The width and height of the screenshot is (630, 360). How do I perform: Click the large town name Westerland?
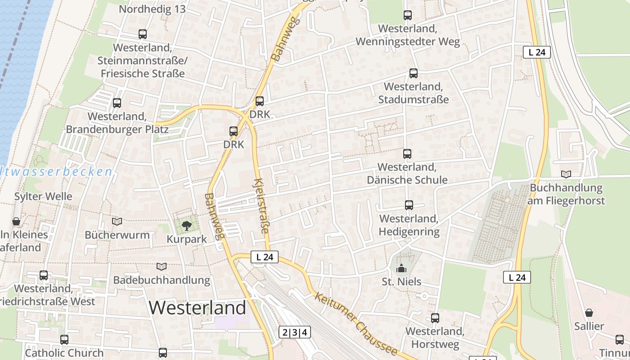(x=198, y=308)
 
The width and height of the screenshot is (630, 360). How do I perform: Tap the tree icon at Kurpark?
(x=186, y=225)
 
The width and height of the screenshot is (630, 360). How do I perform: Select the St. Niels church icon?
(x=401, y=269)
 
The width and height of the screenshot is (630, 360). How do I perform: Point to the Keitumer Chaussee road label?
(x=356, y=324)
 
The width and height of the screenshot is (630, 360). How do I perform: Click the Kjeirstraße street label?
(x=261, y=206)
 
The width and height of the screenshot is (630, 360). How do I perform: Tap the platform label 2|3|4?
(x=295, y=333)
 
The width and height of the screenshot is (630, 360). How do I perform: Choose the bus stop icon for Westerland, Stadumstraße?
(x=413, y=73)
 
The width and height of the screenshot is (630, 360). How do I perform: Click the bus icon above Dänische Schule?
(x=407, y=154)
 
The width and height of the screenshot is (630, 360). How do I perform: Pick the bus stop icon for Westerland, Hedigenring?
(x=409, y=205)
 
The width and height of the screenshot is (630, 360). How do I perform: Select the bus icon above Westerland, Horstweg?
(x=435, y=318)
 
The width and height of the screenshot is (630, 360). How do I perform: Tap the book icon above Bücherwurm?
(x=117, y=221)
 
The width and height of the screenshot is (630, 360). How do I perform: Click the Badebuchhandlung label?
(x=162, y=280)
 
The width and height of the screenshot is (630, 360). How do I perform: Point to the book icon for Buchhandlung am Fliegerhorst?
(x=566, y=174)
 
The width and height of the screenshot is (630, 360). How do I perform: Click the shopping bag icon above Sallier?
(x=589, y=313)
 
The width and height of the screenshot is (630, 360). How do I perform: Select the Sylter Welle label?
(x=43, y=197)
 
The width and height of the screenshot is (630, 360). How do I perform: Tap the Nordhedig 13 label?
(x=152, y=9)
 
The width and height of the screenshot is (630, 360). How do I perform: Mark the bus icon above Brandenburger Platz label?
(x=117, y=103)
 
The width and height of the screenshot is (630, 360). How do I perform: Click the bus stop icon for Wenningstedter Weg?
(x=408, y=15)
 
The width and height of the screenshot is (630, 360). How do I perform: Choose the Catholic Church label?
(x=64, y=353)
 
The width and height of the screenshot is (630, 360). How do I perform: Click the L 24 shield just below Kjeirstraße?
(x=265, y=257)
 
